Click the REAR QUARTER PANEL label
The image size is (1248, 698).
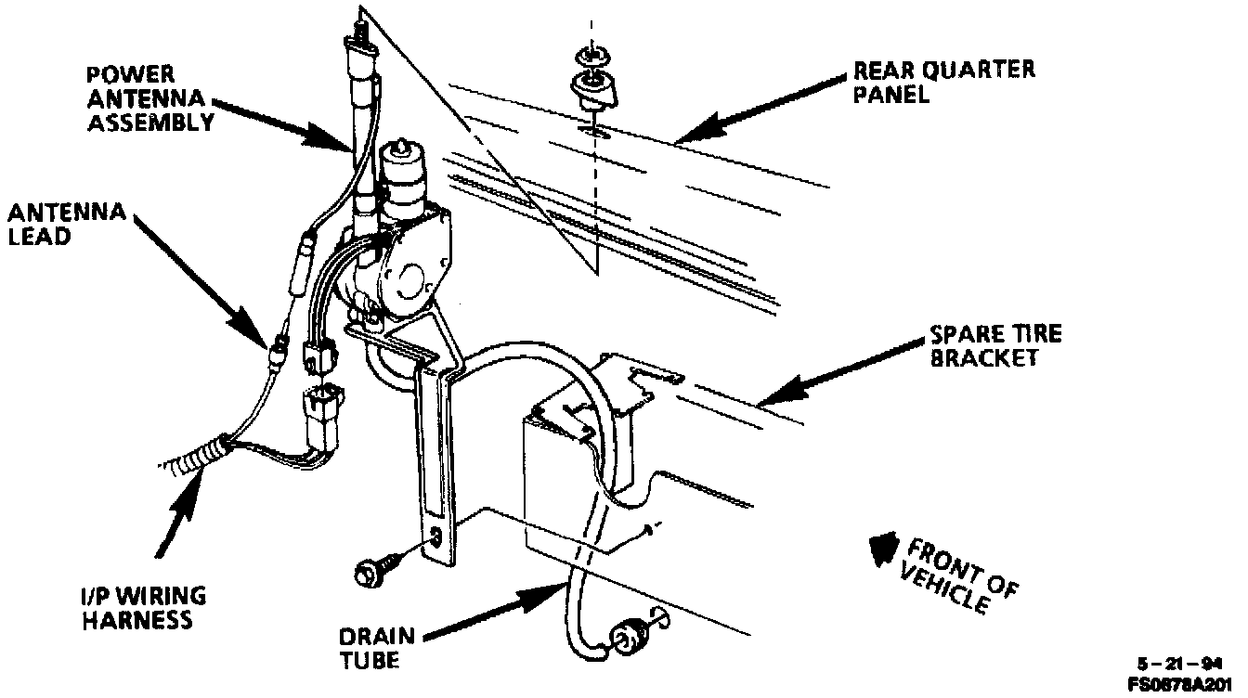pos(944,81)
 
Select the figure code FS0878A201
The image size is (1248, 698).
pos(1186,684)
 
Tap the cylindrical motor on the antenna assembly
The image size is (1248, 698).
pos(404,181)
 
